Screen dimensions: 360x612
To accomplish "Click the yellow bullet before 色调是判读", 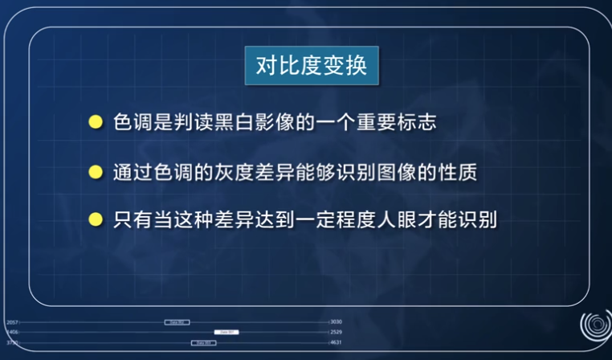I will pyautogui.click(x=96, y=123).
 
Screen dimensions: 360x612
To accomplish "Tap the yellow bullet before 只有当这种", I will pyautogui.click(x=96, y=219).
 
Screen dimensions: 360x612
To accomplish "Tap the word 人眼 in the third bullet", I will pyautogui.click(x=395, y=219).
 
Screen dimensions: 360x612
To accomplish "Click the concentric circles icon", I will pyautogui.click(x=595, y=326).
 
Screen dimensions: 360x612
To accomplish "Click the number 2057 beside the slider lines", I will pyautogui.click(x=12, y=322).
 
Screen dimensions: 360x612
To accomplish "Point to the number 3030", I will pyautogui.click(x=337, y=322).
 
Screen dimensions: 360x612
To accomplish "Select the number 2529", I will pyautogui.click(x=337, y=332).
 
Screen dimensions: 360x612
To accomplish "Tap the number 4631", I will pyautogui.click(x=337, y=342).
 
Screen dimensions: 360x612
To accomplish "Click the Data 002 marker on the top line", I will pyautogui.click(x=177, y=322).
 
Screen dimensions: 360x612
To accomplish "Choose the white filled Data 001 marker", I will pyautogui.click(x=227, y=332).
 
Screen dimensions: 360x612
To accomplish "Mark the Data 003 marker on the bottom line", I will pyautogui.click(x=203, y=342).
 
